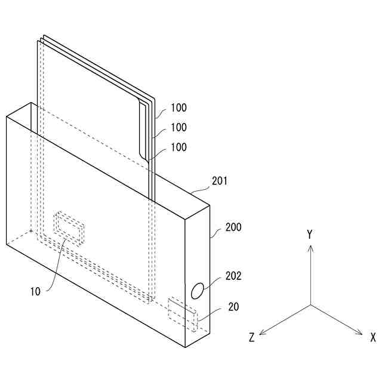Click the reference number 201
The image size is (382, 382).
(x=220, y=180)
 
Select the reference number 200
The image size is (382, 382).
(x=233, y=228)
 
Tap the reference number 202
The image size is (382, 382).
(x=233, y=276)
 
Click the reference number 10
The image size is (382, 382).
(x=35, y=292)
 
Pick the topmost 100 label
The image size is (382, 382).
(x=178, y=108)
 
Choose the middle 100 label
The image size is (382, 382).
(x=178, y=128)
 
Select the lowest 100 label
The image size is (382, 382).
(x=178, y=147)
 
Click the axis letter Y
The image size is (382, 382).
(x=310, y=235)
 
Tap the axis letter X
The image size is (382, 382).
(x=372, y=337)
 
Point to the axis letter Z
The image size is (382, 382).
(x=252, y=338)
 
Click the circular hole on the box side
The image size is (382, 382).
(x=196, y=291)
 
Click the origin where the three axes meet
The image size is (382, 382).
(x=310, y=305)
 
